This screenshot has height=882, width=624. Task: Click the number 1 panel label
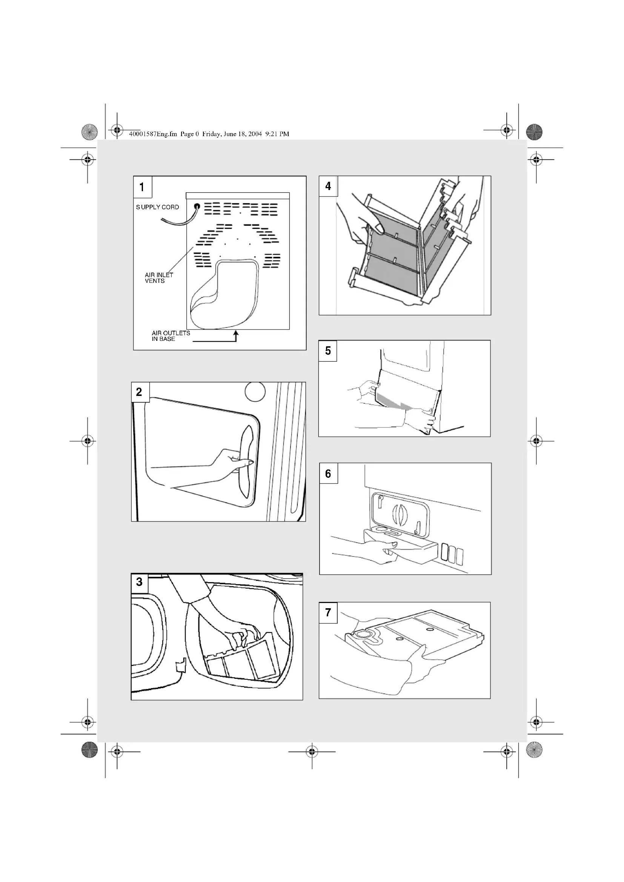tap(142, 187)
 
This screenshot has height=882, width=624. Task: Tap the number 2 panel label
tap(140, 392)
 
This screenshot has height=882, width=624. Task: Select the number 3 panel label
tap(140, 582)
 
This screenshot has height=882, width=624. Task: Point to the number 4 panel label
tap(328, 186)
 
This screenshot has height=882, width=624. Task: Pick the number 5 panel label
tap(328, 351)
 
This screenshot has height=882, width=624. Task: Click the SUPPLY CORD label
tap(158, 207)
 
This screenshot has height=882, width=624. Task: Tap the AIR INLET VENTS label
tap(159, 278)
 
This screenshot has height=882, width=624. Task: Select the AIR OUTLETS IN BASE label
tap(171, 336)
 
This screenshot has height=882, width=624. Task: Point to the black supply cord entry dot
tap(197, 206)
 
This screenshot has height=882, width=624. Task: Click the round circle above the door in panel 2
tap(255, 391)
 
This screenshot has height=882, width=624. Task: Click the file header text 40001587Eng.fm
tap(153, 134)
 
